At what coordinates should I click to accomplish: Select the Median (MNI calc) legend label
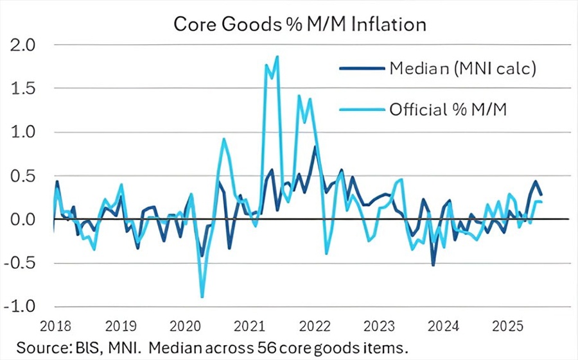tap(462, 69)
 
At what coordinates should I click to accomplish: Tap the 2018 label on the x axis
tap(55, 325)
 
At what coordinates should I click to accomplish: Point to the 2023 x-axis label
tap(379, 325)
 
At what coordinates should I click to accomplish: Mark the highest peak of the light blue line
tap(277, 56)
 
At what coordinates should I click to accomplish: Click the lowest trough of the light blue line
tap(202, 297)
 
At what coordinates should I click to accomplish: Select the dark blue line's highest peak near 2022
tap(315, 146)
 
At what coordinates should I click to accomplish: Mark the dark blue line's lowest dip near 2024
tap(433, 265)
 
